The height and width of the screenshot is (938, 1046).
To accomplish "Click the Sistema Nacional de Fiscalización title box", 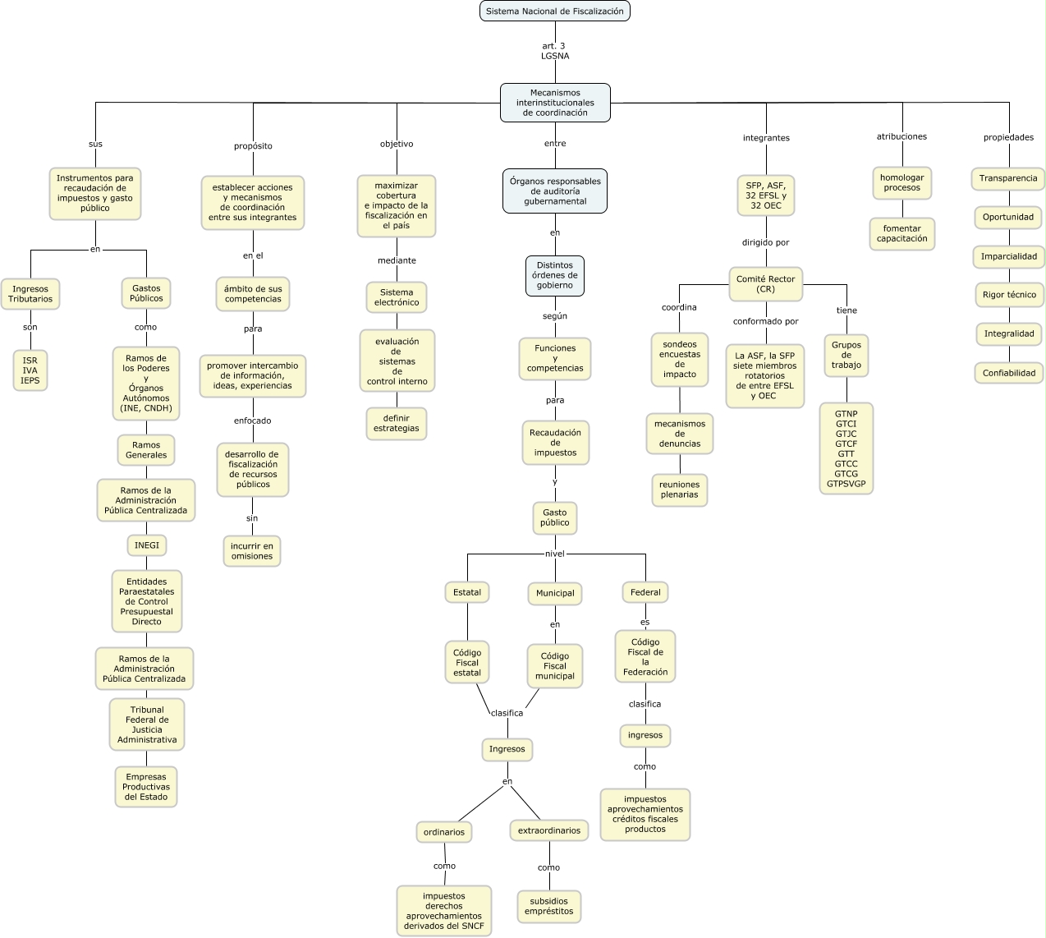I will click(x=555, y=11).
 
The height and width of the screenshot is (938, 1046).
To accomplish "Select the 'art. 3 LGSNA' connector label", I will click(x=555, y=51).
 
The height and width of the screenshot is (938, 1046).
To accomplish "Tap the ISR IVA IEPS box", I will click(x=30, y=370).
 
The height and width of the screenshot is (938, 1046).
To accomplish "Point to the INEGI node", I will click(x=147, y=545).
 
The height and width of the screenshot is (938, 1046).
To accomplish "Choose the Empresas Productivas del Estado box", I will click(x=146, y=787).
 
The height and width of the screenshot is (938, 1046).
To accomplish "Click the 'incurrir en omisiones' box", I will click(x=252, y=551).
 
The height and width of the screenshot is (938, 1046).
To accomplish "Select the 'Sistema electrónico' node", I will click(x=397, y=297).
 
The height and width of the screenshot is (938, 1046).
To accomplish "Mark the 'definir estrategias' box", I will click(x=397, y=423).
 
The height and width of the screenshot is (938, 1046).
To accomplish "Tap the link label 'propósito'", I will click(x=253, y=146).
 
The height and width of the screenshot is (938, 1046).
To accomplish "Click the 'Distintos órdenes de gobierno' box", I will click(x=555, y=276).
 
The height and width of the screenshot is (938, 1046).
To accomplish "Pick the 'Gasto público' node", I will click(x=555, y=517).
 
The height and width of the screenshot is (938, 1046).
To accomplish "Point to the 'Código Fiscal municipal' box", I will click(x=555, y=666).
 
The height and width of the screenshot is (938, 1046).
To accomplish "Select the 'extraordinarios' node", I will click(x=549, y=830).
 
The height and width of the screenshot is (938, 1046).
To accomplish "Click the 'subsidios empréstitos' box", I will click(x=549, y=906).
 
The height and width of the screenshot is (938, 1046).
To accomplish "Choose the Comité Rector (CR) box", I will click(x=765, y=284).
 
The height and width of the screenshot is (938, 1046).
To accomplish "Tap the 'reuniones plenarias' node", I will click(x=680, y=490).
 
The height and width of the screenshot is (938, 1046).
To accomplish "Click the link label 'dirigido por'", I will click(x=765, y=242).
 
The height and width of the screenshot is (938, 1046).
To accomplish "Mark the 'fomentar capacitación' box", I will click(x=902, y=233).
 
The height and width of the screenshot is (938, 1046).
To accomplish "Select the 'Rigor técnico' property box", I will click(x=1009, y=295).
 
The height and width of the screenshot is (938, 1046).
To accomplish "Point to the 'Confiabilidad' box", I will click(x=1009, y=373).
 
